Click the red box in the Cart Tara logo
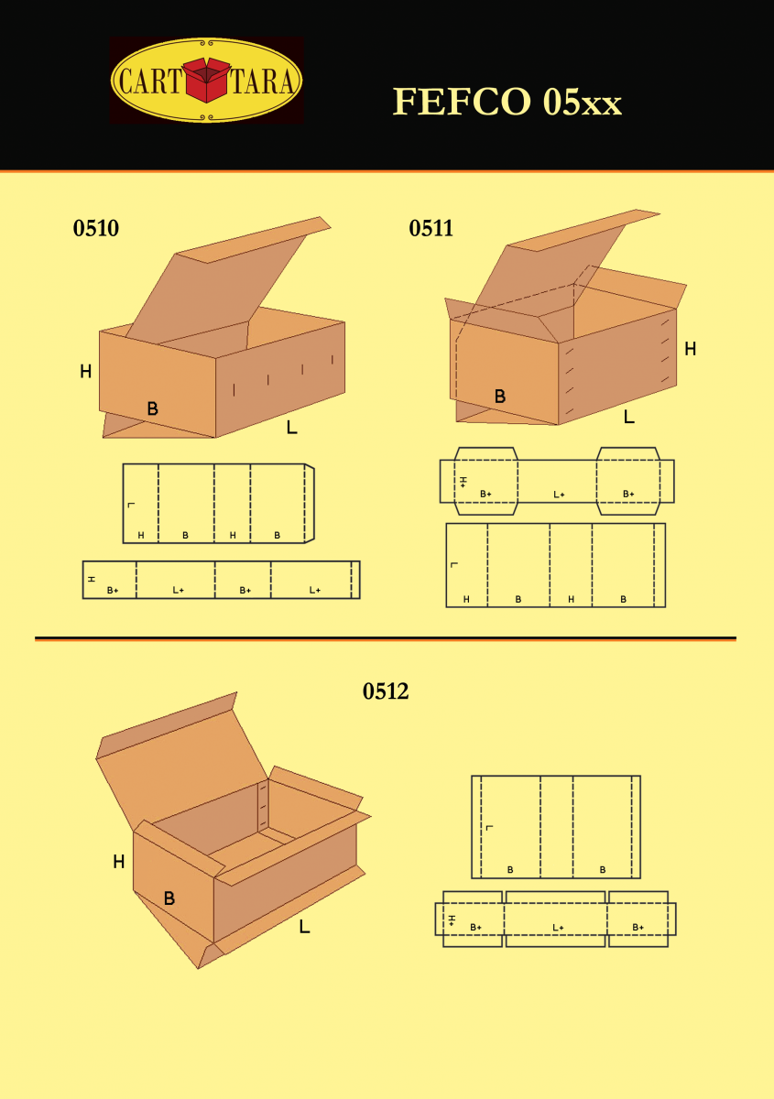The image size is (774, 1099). [206, 80]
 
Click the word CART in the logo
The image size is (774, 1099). [150, 81]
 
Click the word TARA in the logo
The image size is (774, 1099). [263, 81]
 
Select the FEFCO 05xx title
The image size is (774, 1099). [507, 102]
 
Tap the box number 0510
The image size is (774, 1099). [95, 228]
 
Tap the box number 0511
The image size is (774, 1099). [431, 228]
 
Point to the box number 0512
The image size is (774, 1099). [386, 691]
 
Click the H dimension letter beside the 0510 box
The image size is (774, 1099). [86, 372]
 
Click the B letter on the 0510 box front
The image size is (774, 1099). [153, 408]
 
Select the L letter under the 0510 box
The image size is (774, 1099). [291, 428]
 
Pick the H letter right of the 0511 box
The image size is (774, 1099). [690, 349]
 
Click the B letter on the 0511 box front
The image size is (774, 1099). [499, 396]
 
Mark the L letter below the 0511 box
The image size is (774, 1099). [628, 417]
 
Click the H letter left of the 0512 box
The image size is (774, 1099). [119, 861]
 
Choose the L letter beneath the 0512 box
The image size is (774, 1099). [304, 926]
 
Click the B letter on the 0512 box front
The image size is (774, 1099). [169, 898]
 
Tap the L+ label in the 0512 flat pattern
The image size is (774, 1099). [558, 927]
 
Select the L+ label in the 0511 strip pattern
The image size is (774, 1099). [559, 495]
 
